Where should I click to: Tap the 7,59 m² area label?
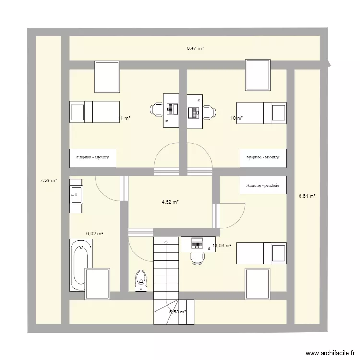click(48, 180)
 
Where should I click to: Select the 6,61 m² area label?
click(307, 196)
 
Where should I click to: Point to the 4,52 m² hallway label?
click(170, 202)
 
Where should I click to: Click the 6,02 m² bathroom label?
click(95, 234)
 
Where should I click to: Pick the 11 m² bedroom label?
click(124, 118)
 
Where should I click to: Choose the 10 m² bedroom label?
click(236, 118)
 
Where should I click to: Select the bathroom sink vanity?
click(76, 194)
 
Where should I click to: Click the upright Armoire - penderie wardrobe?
click(263, 185)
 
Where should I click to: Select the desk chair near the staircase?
click(197, 258)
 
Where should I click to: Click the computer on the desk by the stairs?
click(197, 243)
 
